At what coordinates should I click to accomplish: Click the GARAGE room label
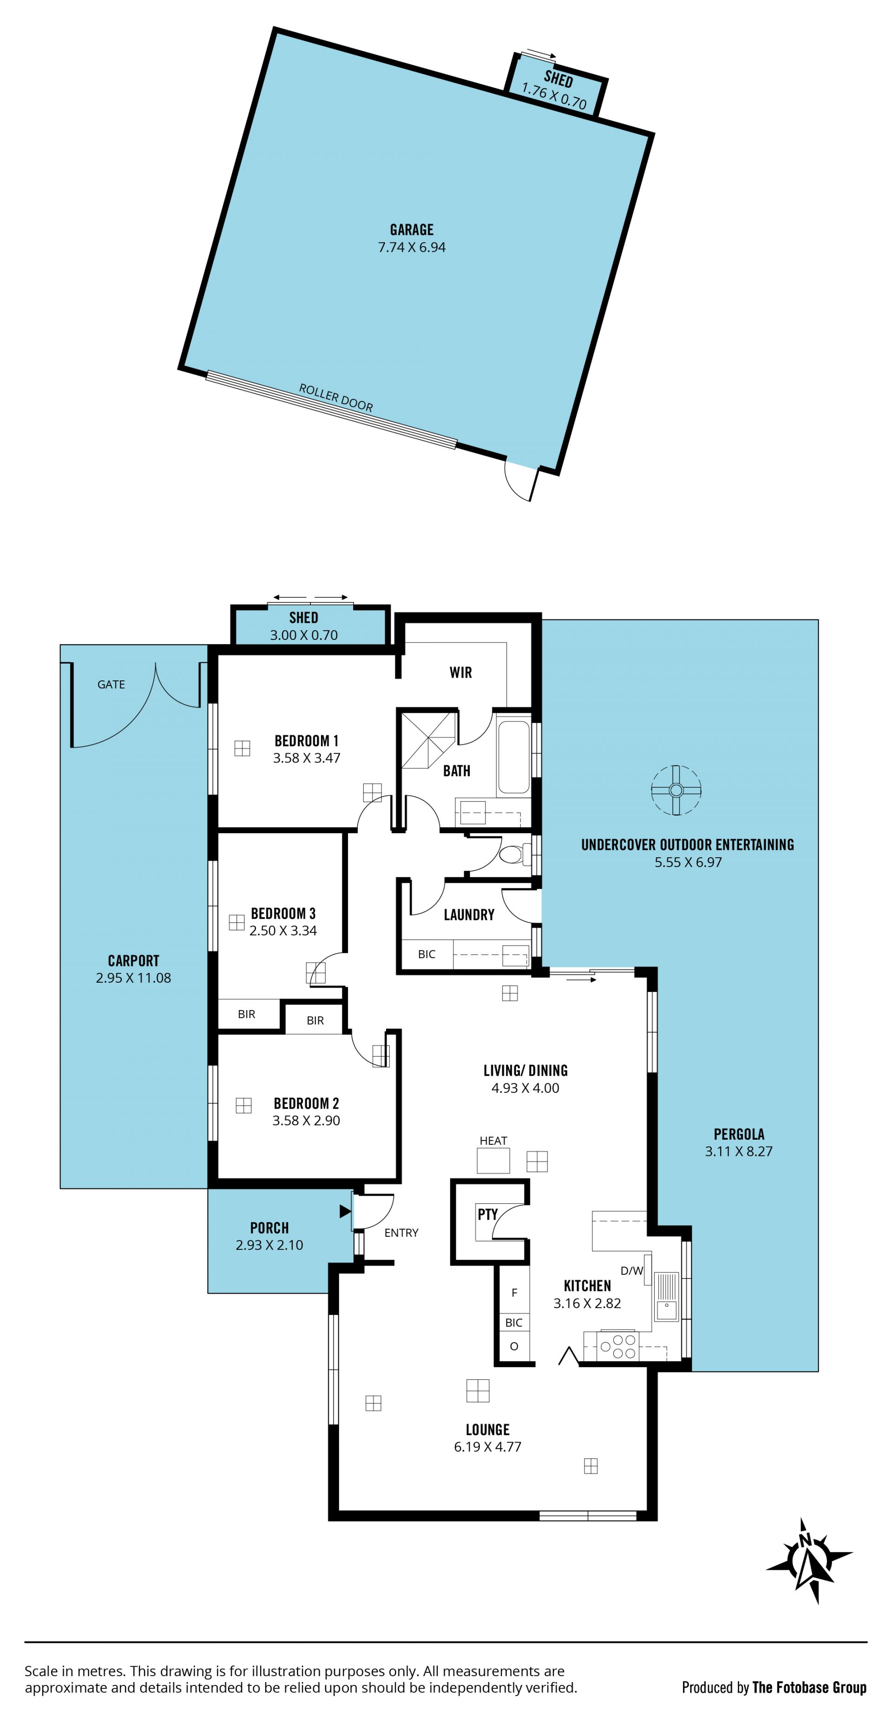click(x=412, y=229)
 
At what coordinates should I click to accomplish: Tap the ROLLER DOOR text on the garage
click(x=336, y=397)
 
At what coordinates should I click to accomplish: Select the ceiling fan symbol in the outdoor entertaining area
click(x=676, y=790)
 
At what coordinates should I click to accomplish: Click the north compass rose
click(x=809, y=1560)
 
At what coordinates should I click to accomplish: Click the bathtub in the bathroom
click(x=513, y=757)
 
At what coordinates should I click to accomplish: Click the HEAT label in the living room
click(x=493, y=1141)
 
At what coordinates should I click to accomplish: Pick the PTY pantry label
click(x=487, y=1214)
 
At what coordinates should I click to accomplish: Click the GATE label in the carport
click(x=111, y=684)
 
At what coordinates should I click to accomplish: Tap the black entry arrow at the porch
click(x=345, y=1211)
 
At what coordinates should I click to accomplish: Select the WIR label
click(x=460, y=672)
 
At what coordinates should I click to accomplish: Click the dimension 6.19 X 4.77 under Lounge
click(x=487, y=1446)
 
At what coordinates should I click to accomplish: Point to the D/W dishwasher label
click(x=632, y=1271)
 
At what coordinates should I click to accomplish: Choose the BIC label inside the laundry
click(x=426, y=954)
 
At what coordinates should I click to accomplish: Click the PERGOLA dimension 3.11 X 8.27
click(x=739, y=1151)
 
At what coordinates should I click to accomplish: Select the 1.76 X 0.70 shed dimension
click(x=554, y=96)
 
